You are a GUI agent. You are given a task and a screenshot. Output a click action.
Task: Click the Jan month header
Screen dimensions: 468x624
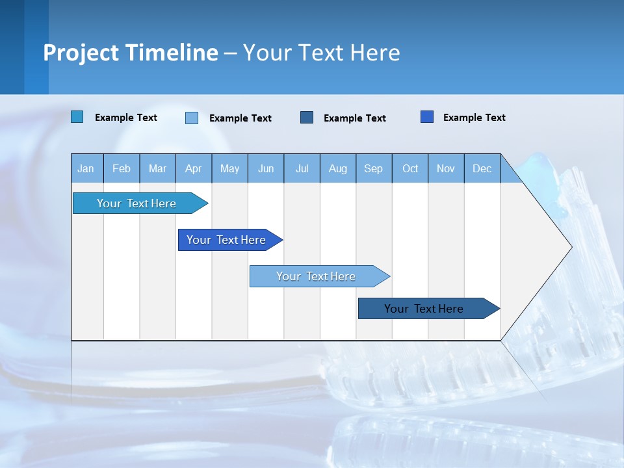(x=86, y=168)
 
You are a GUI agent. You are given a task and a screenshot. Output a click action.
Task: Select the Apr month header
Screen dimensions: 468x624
(x=193, y=168)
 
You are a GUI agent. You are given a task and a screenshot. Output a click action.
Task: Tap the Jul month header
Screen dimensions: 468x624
(x=302, y=168)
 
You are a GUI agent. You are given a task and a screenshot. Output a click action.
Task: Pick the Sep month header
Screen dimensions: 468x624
(x=373, y=168)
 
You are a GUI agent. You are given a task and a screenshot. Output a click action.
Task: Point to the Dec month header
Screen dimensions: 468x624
(x=482, y=168)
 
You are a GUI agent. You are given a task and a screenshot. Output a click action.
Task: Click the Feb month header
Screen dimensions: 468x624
(x=122, y=168)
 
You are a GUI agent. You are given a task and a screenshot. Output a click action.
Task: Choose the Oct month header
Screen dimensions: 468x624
(x=410, y=168)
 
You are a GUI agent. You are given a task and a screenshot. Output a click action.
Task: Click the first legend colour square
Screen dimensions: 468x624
(x=77, y=117)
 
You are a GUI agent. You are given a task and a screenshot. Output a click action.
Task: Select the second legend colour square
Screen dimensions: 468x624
(x=192, y=118)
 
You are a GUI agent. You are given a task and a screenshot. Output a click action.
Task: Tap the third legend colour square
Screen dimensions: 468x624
(x=307, y=117)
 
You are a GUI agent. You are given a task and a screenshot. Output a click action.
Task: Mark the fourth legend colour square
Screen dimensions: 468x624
(x=427, y=117)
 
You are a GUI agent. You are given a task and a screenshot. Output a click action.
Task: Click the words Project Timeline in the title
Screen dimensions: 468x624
(x=131, y=53)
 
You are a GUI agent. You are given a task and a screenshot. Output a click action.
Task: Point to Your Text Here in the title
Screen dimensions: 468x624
(x=322, y=53)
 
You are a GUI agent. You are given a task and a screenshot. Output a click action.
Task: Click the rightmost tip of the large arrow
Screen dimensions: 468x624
(x=571, y=247)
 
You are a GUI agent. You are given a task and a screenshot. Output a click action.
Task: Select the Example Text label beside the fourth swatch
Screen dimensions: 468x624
(x=474, y=118)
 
